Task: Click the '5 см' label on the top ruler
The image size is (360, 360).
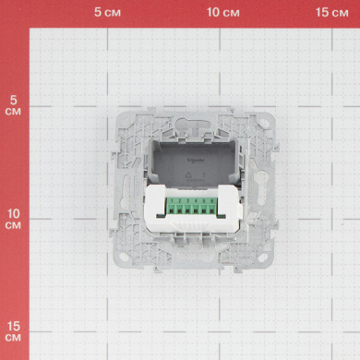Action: tap(107, 12)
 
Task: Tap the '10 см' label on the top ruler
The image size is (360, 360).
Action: tap(222, 12)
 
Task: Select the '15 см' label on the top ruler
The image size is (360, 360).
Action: tap(331, 12)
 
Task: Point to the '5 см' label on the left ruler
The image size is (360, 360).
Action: tap(13, 105)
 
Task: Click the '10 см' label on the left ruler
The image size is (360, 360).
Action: tap(13, 219)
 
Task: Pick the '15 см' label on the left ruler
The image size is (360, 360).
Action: tap(13, 331)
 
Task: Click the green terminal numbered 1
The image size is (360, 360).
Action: tap(172, 206)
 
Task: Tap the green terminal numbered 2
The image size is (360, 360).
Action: tap(179, 206)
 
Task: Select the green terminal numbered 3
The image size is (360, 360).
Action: tap(187, 206)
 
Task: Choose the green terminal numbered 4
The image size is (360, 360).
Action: tap(196, 206)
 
